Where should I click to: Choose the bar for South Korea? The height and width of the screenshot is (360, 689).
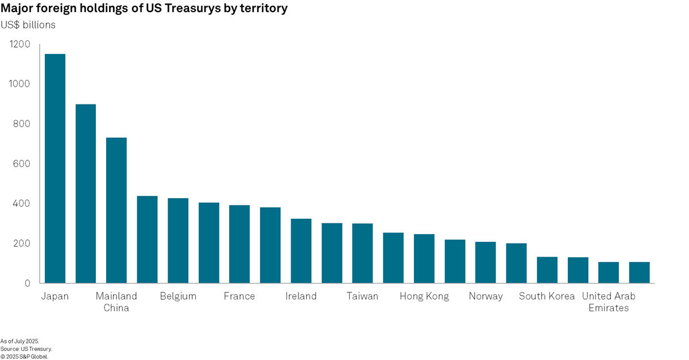[547, 270]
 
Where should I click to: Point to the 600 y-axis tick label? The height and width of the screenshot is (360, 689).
[21, 164]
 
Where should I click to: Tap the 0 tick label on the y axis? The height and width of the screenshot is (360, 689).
[26, 283]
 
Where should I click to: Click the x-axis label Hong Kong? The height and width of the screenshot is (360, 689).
[424, 296]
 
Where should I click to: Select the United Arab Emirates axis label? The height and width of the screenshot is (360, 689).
[609, 302]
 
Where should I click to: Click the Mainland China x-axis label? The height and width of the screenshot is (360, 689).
[117, 302]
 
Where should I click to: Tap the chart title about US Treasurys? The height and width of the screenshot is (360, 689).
[144, 9]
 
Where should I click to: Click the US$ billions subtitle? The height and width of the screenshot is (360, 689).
[28, 25]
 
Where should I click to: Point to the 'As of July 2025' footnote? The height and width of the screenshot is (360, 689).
[20, 341]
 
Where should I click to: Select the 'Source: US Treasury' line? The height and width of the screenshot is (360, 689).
[26, 349]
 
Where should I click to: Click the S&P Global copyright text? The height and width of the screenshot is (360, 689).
[24, 356]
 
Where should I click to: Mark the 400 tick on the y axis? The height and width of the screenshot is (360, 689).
[21, 204]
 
